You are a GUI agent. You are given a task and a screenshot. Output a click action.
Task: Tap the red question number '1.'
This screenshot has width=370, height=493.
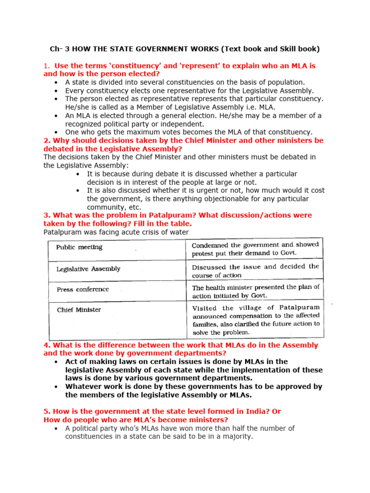pyautogui.click(x=47, y=65)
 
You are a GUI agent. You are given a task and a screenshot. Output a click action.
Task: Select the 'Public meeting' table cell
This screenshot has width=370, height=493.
pyautogui.click(x=79, y=247)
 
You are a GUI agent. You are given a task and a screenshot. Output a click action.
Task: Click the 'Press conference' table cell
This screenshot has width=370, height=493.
pyautogui.click(x=83, y=289)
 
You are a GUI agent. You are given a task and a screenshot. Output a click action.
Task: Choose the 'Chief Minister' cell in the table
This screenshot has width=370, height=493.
pyautogui.click(x=79, y=310)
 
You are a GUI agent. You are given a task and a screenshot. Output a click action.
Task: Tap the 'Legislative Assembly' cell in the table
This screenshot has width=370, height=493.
pyautogui.click(x=88, y=269)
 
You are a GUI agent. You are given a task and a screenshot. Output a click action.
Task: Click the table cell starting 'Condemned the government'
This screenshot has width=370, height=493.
pyautogui.click(x=254, y=248)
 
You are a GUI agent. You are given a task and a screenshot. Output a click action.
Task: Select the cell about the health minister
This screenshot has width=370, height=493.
pyautogui.click(x=255, y=291)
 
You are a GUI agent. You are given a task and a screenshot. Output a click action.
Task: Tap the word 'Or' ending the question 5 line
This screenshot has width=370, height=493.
pyautogui.click(x=276, y=411)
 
